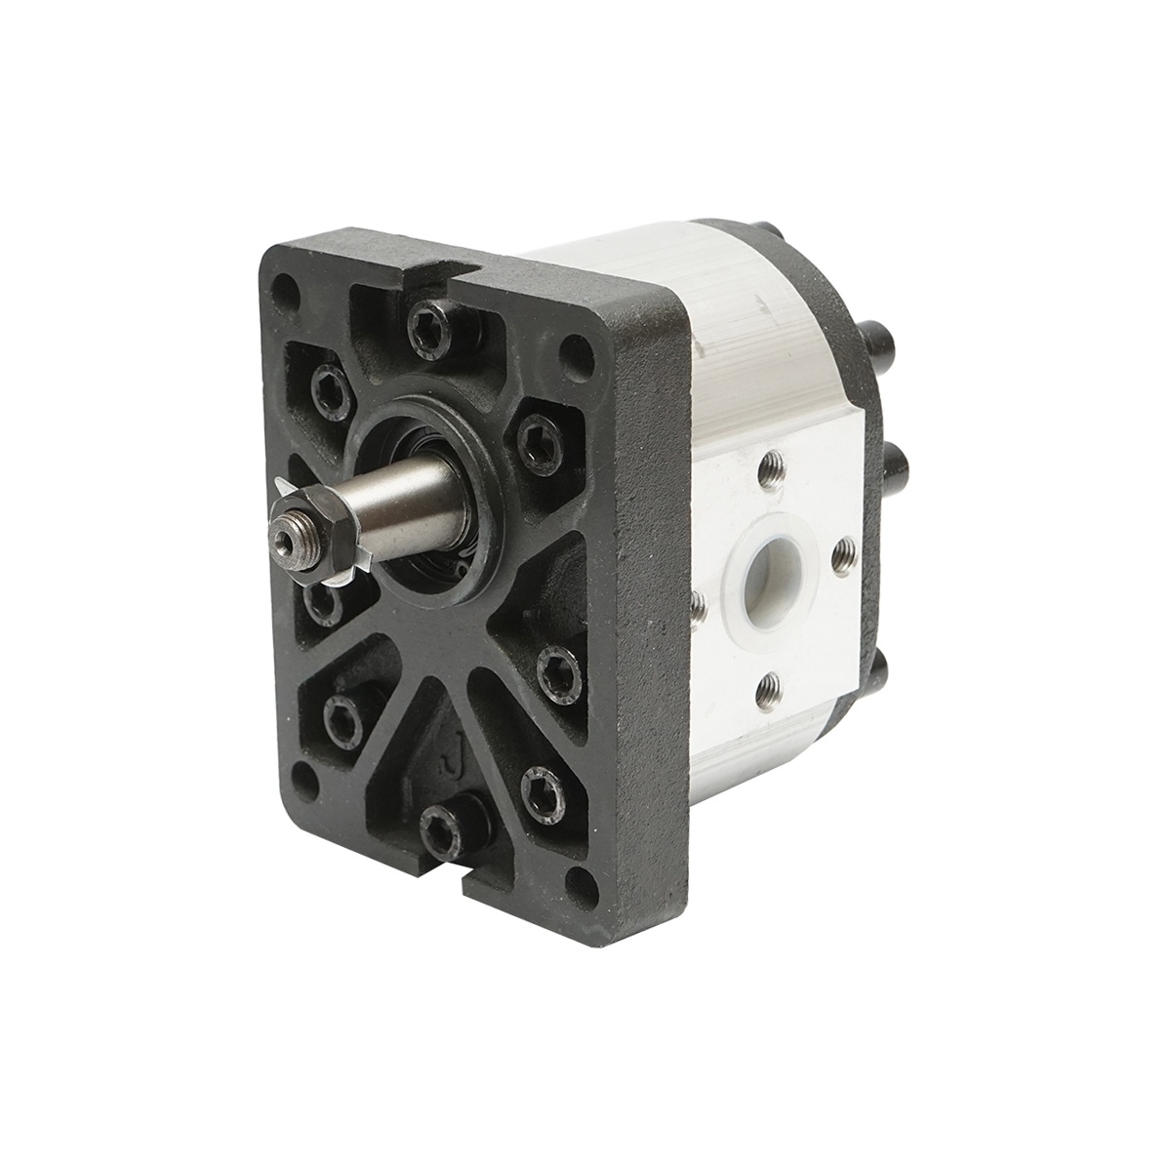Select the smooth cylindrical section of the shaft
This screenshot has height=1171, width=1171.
click(x=410, y=492)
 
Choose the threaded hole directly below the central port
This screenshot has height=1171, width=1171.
click(x=770, y=689)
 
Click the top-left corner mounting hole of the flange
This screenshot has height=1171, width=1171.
click(x=285, y=291)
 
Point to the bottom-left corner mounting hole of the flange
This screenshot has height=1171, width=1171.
click(x=307, y=778)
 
